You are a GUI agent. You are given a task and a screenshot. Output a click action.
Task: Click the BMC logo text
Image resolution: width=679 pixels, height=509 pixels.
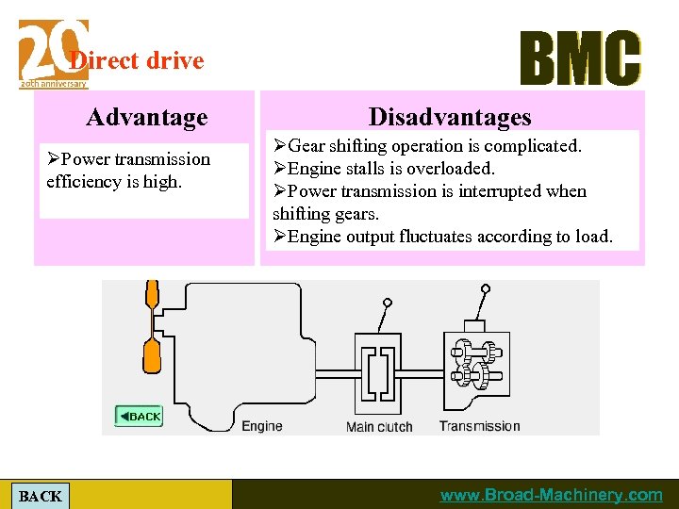(x=580, y=58)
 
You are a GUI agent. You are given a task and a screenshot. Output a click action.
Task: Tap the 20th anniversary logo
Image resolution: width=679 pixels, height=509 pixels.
(x=53, y=55)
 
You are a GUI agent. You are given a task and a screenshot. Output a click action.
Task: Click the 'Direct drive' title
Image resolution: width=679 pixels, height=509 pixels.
(x=138, y=61)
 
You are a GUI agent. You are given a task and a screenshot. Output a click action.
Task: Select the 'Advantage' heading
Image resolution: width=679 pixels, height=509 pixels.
(x=146, y=118)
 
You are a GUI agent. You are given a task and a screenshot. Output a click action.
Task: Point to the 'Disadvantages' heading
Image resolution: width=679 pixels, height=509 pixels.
(x=450, y=118)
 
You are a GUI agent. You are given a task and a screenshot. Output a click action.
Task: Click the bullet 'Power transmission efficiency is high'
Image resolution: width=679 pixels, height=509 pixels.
(x=128, y=171)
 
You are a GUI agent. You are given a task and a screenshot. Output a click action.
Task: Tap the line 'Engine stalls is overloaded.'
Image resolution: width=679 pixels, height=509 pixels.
(x=383, y=169)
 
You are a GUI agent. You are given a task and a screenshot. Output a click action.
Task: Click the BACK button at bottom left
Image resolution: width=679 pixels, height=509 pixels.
(x=41, y=496)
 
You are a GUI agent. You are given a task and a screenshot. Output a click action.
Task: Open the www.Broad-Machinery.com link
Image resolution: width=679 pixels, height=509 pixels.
(x=552, y=495)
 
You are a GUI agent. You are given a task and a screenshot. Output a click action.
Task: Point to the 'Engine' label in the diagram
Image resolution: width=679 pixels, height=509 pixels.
(x=261, y=426)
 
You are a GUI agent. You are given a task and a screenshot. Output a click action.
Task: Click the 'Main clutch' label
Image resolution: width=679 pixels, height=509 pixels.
(x=379, y=427)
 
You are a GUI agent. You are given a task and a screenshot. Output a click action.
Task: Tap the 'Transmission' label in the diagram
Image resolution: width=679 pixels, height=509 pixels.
(x=479, y=426)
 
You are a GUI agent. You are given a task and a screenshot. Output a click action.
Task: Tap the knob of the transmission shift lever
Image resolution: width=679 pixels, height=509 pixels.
(x=486, y=288)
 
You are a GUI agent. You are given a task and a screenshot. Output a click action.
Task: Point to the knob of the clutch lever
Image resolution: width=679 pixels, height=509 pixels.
(x=388, y=303)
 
